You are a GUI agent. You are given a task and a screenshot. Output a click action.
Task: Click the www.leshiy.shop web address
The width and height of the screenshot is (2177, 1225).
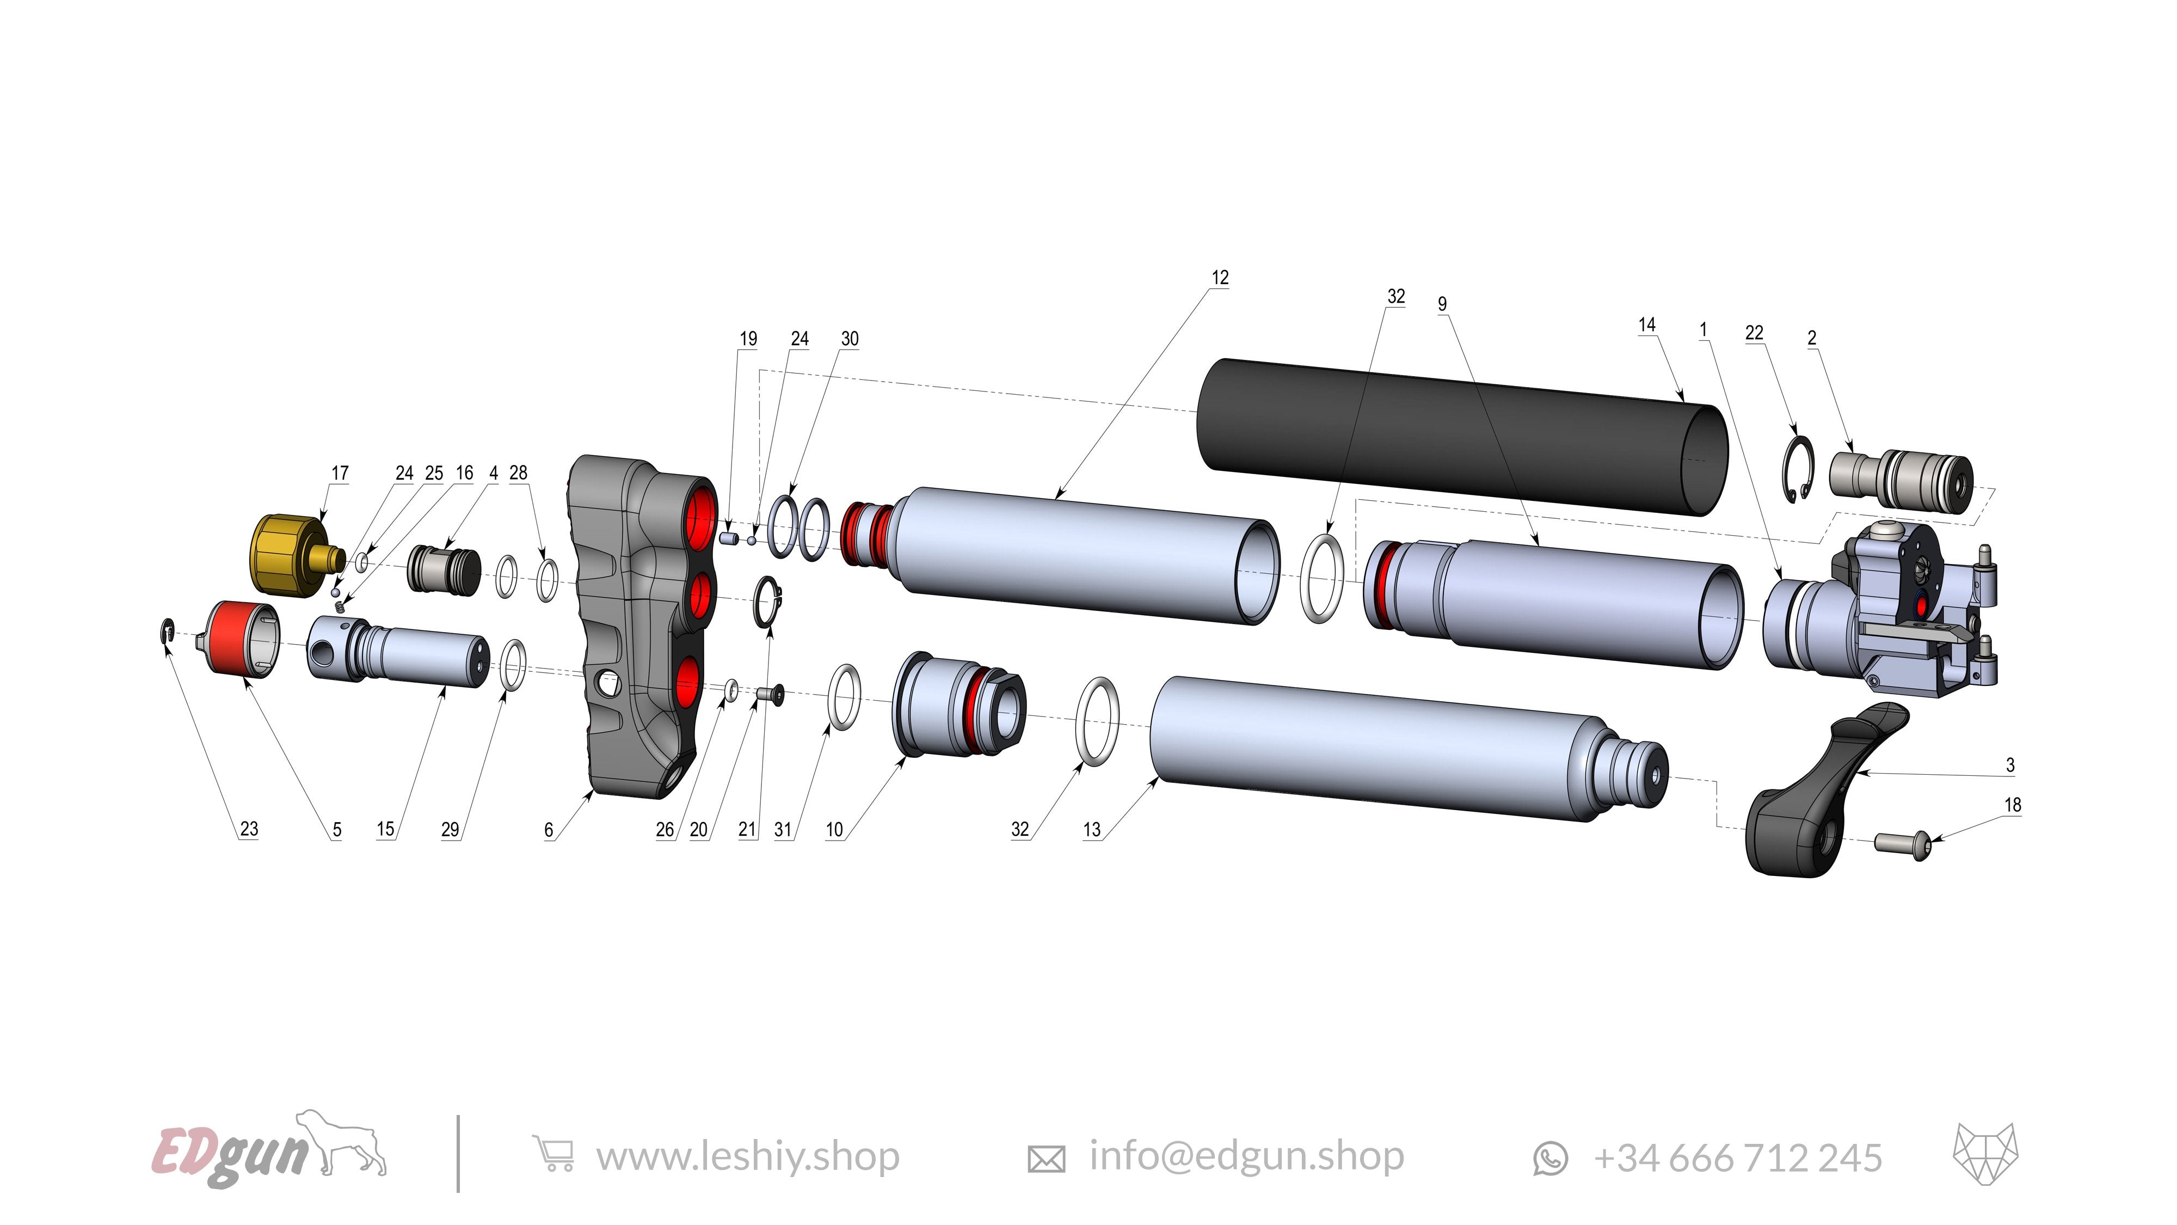pos(747,1156)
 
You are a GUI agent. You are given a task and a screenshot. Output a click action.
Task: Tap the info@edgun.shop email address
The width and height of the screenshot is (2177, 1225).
pos(1246,1156)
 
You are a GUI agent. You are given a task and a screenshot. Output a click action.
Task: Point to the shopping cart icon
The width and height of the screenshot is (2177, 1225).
pos(553,1154)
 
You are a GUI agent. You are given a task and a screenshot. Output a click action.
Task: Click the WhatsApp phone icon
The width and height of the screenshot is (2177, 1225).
pos(1550,1158)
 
